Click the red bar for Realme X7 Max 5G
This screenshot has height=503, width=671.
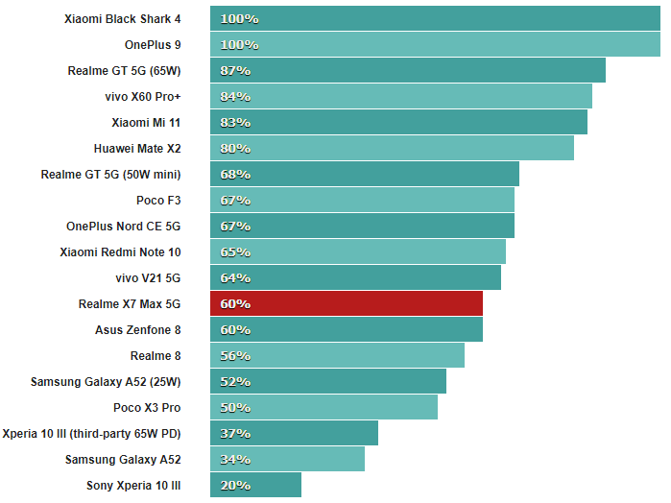point(346,303)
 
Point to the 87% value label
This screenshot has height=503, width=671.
point(235,71)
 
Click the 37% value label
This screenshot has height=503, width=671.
point(235,433)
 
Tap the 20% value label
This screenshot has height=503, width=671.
point(235,485)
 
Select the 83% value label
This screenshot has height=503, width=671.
point(235,123)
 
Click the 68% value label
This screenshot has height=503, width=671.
point(235,175)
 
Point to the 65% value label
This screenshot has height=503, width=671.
point(235,252)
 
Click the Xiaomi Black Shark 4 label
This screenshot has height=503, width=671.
point(122,18)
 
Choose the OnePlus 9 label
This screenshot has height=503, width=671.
point(152,44)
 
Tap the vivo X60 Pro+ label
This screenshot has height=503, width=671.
point(142,96)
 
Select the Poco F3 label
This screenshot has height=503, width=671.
point(158,200)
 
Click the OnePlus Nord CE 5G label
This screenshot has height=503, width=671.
point(123,226)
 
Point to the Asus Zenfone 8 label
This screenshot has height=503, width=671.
point(137,329)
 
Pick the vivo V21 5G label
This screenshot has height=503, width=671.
point(147,277)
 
